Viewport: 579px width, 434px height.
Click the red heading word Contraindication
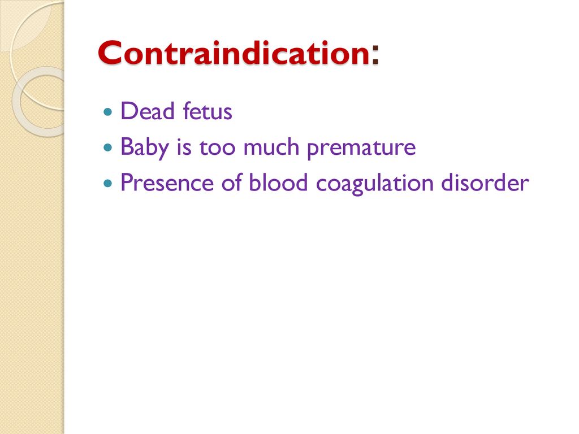click(x=234, y=53)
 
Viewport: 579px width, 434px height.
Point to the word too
click(x=217, y=147)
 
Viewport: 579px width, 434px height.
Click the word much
click(x=271, y=146)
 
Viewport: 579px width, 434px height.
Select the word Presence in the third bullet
click(x=167, y=183)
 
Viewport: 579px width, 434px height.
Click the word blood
click(x=278, y=183)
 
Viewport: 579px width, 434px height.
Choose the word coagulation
click(x=374, y=184)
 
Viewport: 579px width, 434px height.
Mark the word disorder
click(x=485, y=183)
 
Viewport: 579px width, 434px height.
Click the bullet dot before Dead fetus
click(x=108, y=111)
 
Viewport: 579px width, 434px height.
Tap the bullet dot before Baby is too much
click(x=108, y=147)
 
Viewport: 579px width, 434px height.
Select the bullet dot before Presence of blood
click(x=108, y=183)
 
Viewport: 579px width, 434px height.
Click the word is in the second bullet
click(x=184, y=147)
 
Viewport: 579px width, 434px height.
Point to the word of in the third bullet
click(x=231, y=183)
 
